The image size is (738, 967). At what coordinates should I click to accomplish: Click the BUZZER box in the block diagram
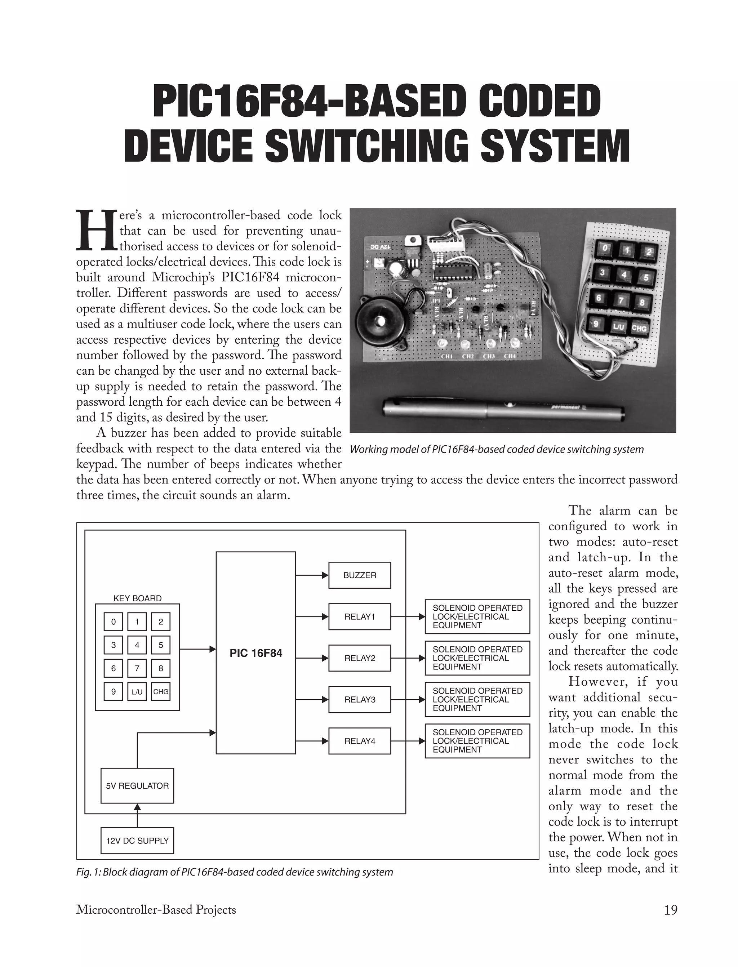point(359,575)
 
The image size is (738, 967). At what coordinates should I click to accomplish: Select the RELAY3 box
point(359,700)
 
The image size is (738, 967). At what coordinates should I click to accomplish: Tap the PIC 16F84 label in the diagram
point(255,653)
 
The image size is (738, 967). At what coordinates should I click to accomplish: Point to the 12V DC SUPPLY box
point(137,841)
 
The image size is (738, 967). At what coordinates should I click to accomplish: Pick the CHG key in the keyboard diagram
point(161,692)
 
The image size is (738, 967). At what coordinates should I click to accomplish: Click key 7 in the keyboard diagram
point(137,668)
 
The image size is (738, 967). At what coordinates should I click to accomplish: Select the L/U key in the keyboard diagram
point(137,692)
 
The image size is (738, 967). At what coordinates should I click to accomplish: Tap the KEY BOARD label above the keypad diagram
point(137,598)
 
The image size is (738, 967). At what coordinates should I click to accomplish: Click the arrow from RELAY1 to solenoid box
point(408,616)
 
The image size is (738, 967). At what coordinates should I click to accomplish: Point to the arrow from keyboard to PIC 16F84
point(198,649)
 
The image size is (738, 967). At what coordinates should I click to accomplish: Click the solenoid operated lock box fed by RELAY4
point(477,741)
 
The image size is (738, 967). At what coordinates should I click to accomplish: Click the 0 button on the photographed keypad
point(606,249)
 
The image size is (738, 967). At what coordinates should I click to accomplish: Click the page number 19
point(670,910)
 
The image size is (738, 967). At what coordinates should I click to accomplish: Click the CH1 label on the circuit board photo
point(446,356)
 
